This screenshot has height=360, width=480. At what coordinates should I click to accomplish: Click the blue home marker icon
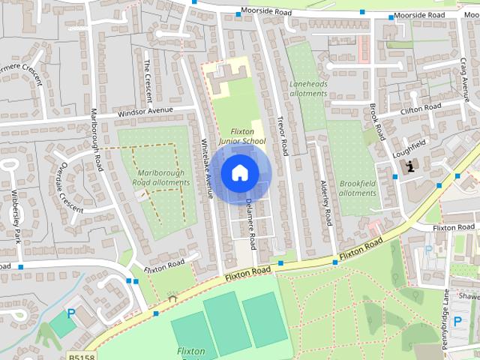238,172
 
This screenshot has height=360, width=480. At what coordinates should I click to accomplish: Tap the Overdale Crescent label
71,187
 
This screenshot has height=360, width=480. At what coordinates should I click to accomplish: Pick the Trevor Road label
282,134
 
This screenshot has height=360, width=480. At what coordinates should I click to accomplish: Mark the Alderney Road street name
325,203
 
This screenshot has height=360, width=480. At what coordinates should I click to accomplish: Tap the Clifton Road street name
421,108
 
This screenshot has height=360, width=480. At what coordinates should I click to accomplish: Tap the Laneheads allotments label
308,89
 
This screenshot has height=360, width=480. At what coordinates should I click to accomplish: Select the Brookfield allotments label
357,187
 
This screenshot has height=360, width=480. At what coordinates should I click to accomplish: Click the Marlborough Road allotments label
161,177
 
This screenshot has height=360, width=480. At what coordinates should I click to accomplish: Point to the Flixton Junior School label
241,136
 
